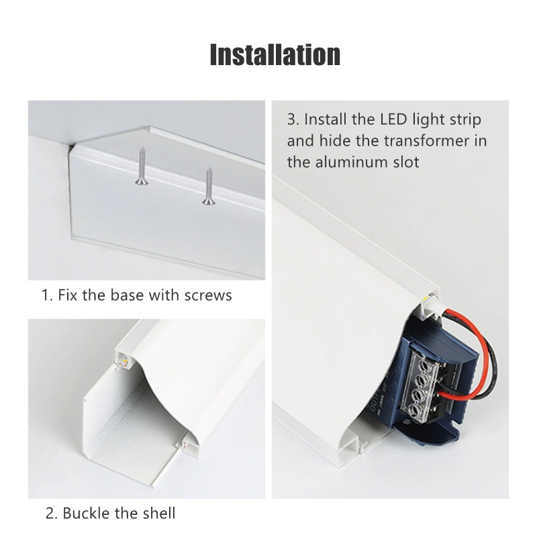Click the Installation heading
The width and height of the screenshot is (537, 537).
(275, 54)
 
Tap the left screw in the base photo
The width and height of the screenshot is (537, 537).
(141, 166)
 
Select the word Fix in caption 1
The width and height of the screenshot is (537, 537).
(68, 295)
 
